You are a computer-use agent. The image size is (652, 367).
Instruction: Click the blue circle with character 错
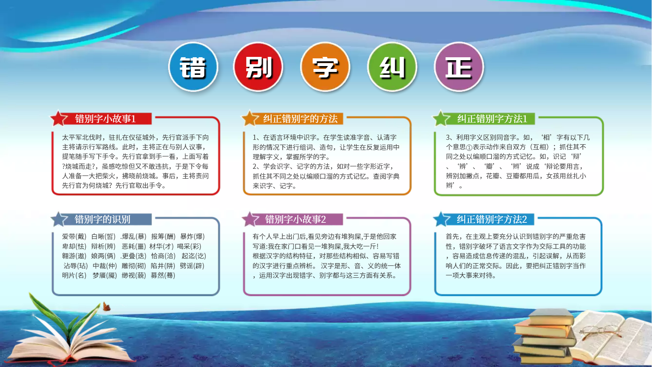pyautogui.click(x=193, y=67)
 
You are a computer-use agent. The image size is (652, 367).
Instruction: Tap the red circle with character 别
pyautogui.click(x=258, y=67)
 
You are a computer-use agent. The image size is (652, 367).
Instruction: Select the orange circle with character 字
pyautogui.click(x=325, y=67)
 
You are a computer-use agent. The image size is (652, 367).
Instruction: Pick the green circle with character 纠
pyautogui.click(x=392, y=67)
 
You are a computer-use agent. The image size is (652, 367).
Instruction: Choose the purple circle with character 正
pyautogui.click(x=459, y=67)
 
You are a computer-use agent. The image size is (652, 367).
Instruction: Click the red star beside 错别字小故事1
pyautogui.click(x=59, y=119)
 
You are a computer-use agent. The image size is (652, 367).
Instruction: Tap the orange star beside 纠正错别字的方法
pyautogui.click(x=250, y=119)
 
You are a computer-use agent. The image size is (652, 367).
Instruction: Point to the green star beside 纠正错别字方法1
pyautogui.click(x=441, y=119)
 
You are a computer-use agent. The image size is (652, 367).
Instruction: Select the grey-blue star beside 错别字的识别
pyautogui.click(x=59, y=219)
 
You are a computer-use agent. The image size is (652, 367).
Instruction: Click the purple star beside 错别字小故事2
pyautogui.click(x=251, y=219)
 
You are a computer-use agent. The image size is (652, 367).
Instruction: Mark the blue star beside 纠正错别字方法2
pyautogui.click(x=441, y=219)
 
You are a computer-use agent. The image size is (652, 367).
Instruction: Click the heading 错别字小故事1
pyautogui.click(x=106, y=119)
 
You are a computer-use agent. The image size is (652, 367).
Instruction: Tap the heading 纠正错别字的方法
pyautogui.click(x=300, y=119)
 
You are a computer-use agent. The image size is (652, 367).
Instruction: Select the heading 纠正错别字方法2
pyautogui.click(x=492, y=219)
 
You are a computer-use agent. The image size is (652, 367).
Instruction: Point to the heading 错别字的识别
pyautogui.click(x=102, y=219)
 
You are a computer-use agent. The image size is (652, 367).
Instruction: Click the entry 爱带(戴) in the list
pyautogui.click(x=74, y=237)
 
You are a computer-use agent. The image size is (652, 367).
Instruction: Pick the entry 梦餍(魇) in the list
pyautogui.click(x=105, y=275)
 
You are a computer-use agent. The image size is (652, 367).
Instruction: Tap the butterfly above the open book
pyautogui.click(x=106, y=307)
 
